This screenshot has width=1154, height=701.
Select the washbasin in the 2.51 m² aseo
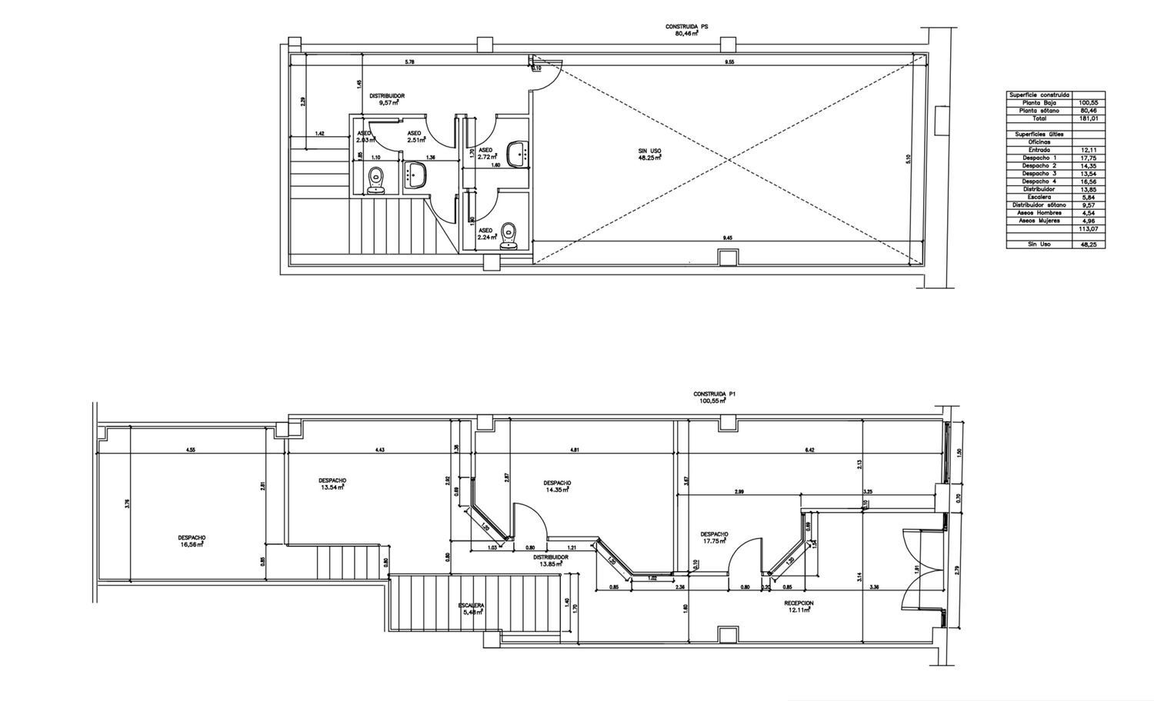[416, 174]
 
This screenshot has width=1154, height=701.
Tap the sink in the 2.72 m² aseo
[520, 153]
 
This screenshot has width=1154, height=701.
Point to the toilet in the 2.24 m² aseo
[508, 236]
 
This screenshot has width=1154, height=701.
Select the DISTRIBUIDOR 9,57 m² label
[386, 99]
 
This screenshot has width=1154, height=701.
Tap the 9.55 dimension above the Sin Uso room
[728, 61]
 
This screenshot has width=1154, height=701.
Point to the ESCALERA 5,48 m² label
[471, 610]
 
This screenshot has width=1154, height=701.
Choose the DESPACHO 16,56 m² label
[192, 541]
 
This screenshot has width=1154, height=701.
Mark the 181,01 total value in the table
[1088, 119]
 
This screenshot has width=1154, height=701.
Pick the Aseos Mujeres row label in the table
[1040, 221]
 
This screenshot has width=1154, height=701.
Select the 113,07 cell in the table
[1088, 228]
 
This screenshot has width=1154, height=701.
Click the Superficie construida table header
[1039, 95]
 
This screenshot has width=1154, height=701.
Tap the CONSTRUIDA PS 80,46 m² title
[686, 30]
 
